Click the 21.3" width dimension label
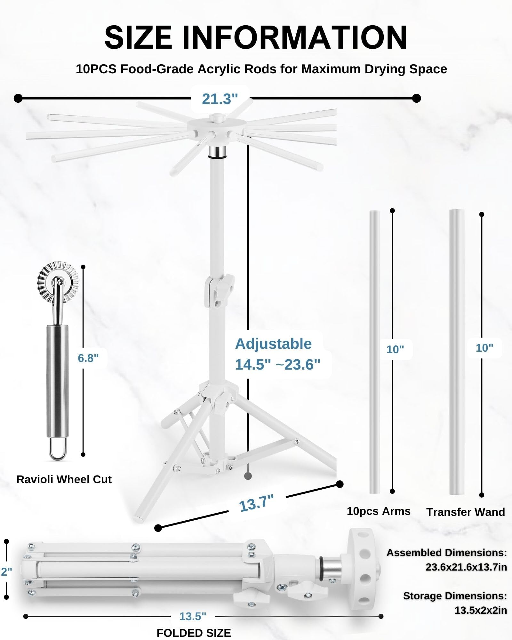[x=220, y=99]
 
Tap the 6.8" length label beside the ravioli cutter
[x=88, y=358]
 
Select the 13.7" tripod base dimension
[x=257, y=503]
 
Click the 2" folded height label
[x=6, y=571]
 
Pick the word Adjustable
[x=273, y=344]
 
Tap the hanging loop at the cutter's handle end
[x=58, y=448]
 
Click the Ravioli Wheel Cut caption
[x=64, y=479]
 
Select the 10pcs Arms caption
[x=379, y=511]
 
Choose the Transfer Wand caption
[x=466, y=512]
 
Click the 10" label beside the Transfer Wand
[x=484, y=348]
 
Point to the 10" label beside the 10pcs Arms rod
[x=395, y=349]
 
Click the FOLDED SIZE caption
[x=194, y=633]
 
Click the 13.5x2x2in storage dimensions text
[x=481, y=610]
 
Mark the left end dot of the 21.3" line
[x=18, y=98]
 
